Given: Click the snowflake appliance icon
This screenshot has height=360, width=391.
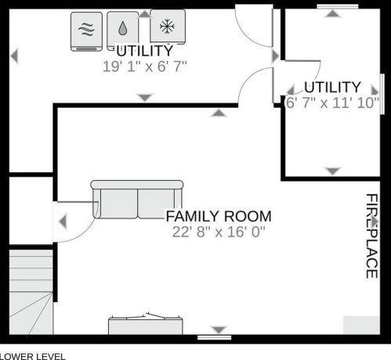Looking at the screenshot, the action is [168, 27].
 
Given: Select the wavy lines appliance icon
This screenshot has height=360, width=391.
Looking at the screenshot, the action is [86, 31].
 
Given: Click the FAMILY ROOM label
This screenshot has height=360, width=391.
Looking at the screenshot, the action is [219, 216].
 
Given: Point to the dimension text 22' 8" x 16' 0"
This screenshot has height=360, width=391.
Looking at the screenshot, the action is [219, 232].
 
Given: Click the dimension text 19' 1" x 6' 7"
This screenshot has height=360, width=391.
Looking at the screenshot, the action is [145, 67].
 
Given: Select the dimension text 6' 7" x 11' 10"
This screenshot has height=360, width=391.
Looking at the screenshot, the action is [332, 103].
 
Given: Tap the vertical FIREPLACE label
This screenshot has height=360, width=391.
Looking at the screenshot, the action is [371, 236].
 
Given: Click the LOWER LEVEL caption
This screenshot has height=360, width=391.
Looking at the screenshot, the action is [33, 356].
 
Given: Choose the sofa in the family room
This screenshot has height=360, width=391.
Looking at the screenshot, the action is [137, 200].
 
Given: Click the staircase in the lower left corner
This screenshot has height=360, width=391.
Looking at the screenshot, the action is [31, 292].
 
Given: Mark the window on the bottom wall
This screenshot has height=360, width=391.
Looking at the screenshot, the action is [214, 337].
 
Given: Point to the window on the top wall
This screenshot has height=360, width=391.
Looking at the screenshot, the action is [338, 6].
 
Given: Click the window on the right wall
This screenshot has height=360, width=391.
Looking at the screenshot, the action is [382, 94].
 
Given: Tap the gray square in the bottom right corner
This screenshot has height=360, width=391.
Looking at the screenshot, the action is [361, 325].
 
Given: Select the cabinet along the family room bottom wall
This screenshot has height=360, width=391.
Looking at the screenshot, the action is [146, 326].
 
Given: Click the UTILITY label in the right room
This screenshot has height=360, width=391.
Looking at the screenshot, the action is [332, 87].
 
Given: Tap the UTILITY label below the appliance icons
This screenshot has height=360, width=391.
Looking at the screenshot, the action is [145, 51].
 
